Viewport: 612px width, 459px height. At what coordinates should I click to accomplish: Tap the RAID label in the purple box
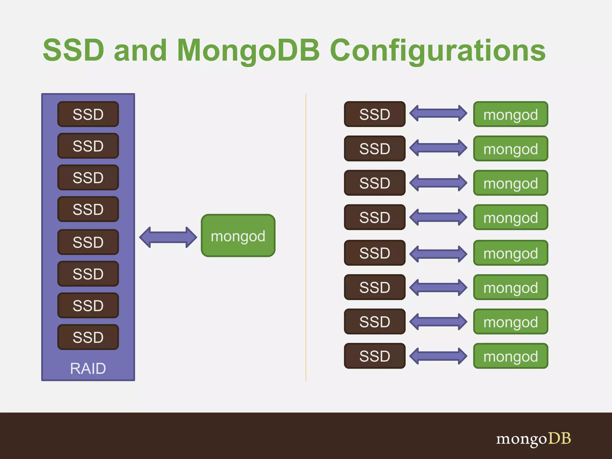click(x=88, y=368)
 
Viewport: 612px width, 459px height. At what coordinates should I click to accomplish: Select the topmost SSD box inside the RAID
click(x=88, y=114)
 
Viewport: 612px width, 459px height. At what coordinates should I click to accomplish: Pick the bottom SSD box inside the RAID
click(x=88, y=337)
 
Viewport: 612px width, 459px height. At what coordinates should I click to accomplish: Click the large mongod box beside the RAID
click(x=238, y=236)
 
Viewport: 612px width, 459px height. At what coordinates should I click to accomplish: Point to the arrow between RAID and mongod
click(x=168, y=237)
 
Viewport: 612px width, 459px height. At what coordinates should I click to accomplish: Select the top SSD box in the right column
click(x=375, y=114)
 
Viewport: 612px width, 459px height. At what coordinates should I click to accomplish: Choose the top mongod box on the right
click(x=510, y=114)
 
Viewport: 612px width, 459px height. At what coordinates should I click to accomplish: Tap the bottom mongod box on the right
click(x=510, y=356)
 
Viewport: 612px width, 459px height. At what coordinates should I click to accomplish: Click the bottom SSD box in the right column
click(x=375, y=356)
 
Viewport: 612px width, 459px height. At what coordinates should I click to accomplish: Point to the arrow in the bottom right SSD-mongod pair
click(x=438, y=356)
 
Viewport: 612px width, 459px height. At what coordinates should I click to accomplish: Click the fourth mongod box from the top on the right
click(x=510, y=217)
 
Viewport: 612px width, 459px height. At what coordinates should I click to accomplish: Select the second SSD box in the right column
click(x=375, y=149)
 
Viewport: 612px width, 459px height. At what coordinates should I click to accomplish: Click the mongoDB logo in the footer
click(x=533, y=439)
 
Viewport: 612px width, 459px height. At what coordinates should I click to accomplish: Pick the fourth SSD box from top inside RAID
click(x=88, y=209)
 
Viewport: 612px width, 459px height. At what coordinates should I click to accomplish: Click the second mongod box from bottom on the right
click(x=510, y=322)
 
